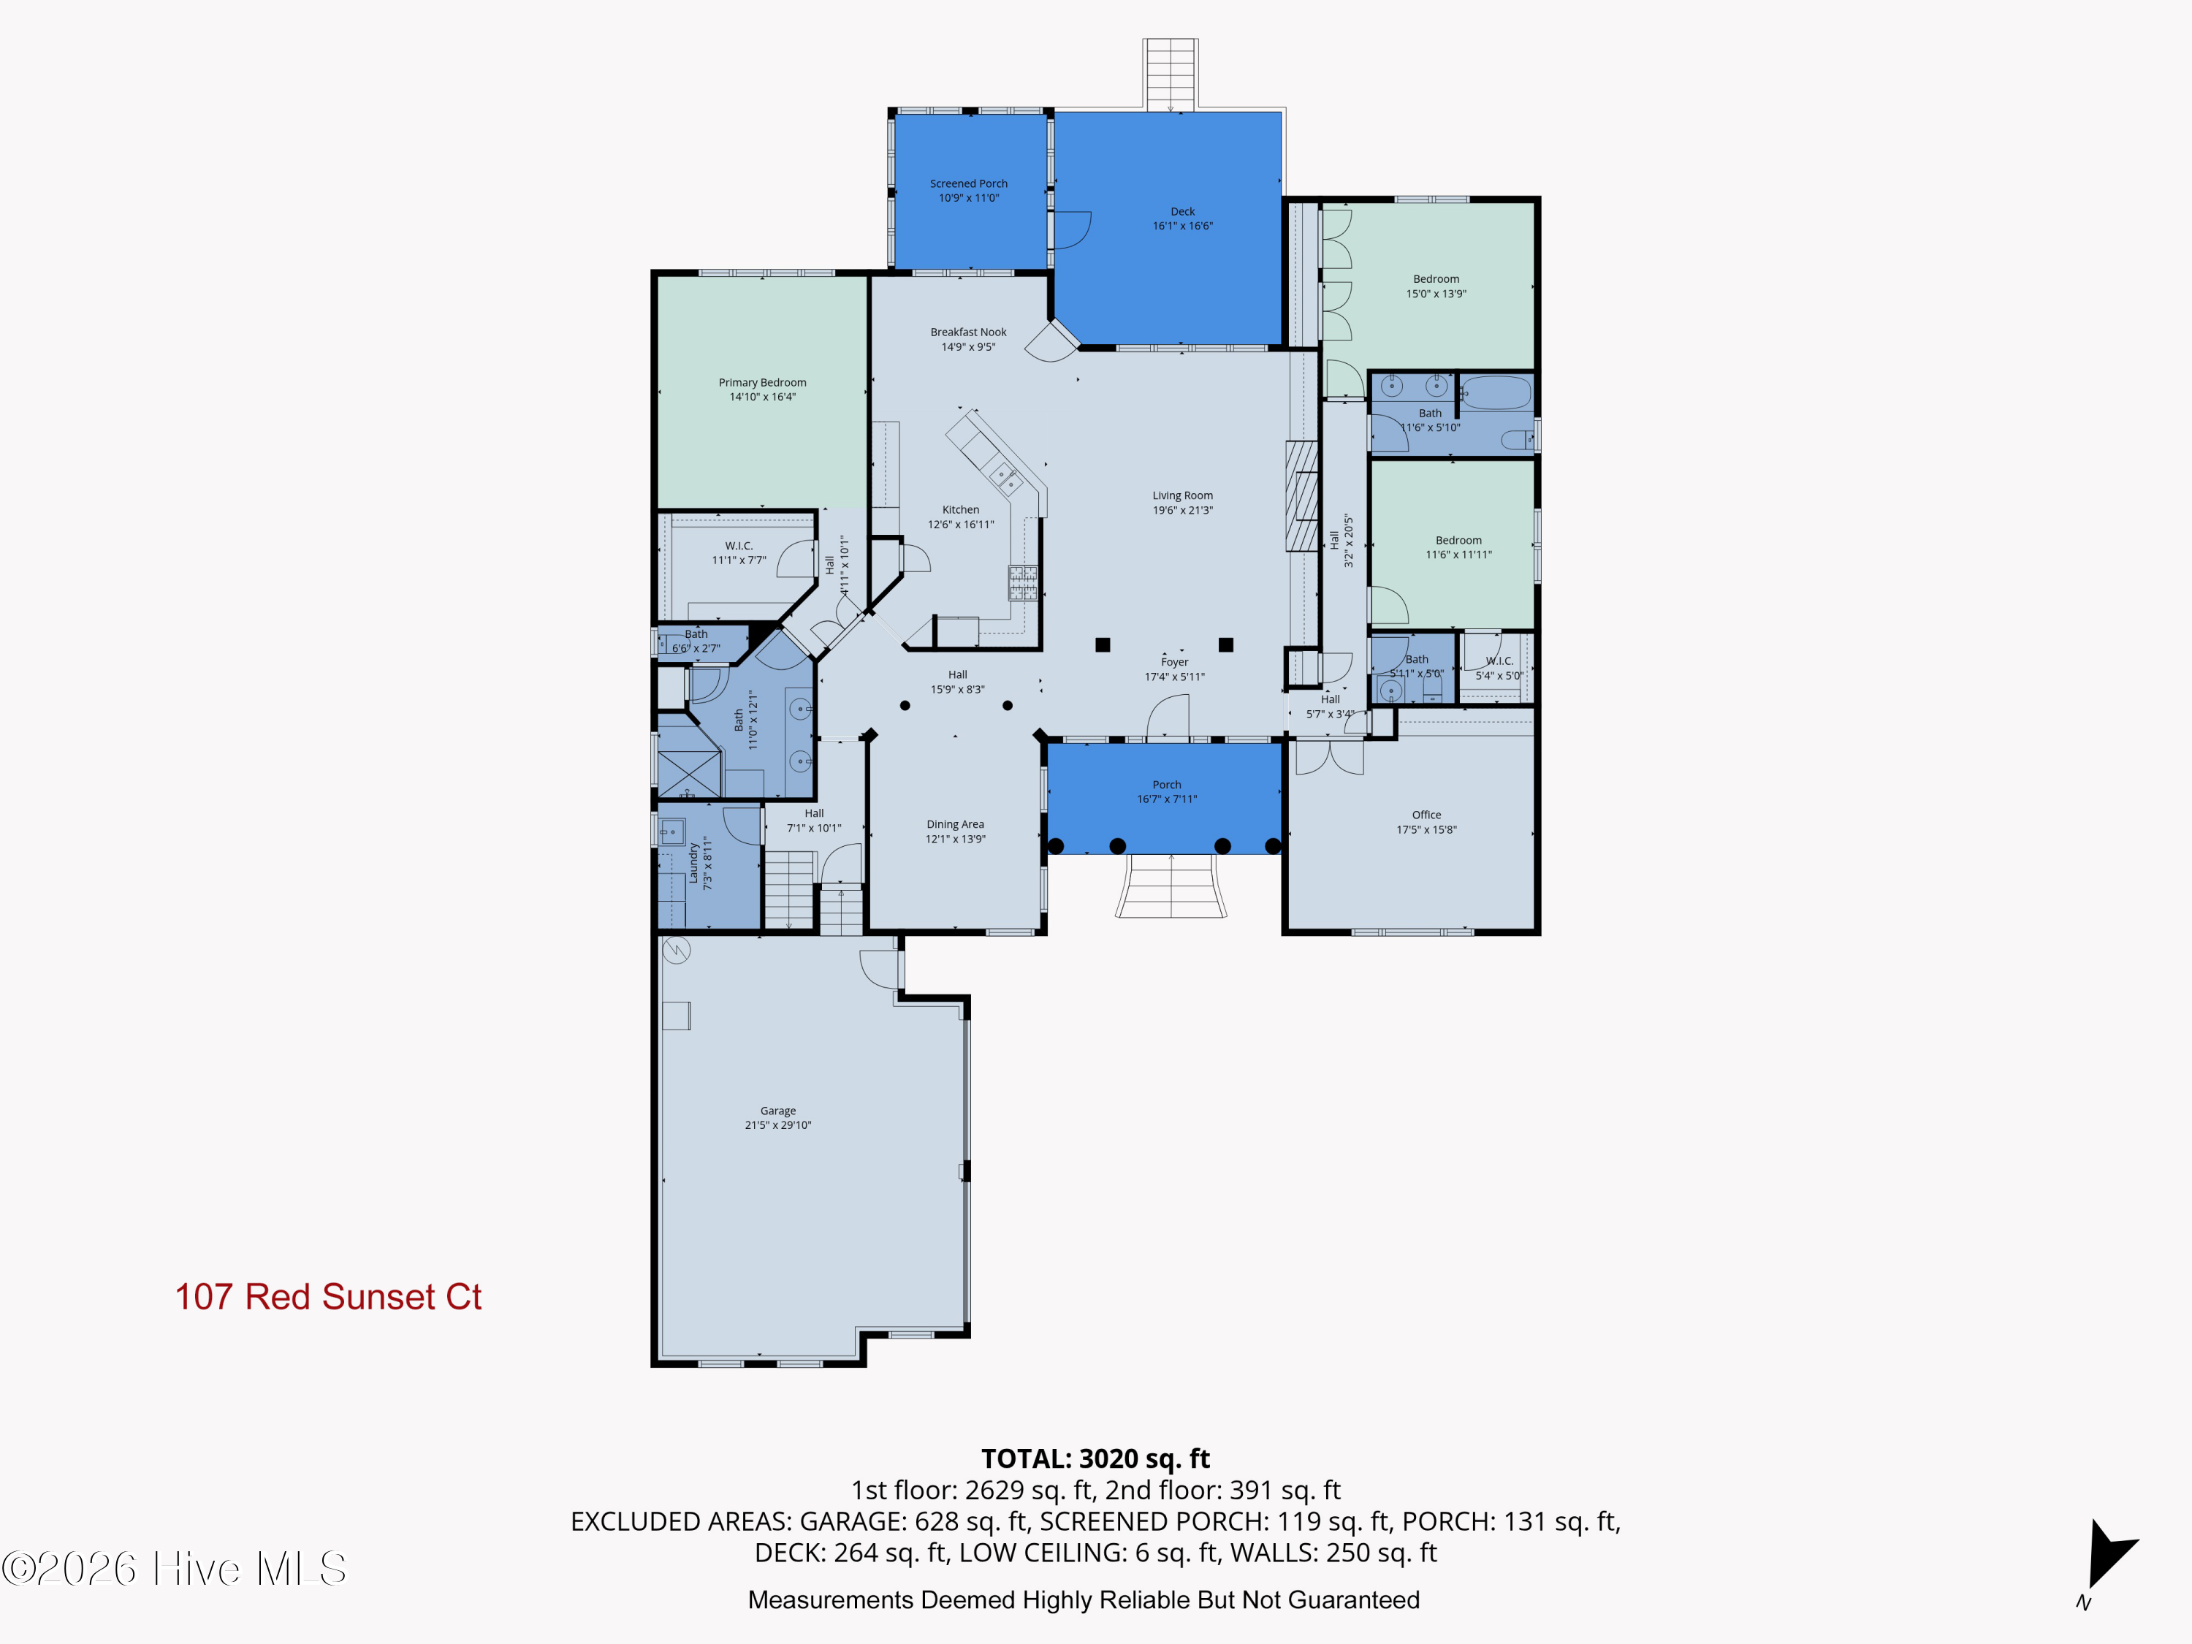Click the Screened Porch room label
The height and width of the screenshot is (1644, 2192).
(968, 183)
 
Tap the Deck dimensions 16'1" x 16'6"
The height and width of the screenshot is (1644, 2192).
(1182, 226)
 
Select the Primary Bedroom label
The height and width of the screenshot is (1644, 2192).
(762, 383)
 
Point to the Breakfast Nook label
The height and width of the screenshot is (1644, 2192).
(968, 332)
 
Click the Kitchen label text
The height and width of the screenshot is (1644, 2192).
(960, 509)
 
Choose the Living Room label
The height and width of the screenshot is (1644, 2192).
(1182, 495)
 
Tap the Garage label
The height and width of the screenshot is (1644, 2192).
(778, 1111)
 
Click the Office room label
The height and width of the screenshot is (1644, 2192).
(1426, 815)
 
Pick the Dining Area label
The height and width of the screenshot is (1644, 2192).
(955, 823)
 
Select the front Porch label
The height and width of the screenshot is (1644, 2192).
(1166, 785)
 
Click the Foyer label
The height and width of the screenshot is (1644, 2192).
(1174, 662)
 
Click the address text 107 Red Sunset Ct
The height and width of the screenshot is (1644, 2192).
(328, 1296)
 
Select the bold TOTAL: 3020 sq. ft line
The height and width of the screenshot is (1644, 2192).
(1095, 1458)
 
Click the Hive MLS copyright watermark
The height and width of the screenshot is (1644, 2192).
(175, 1568)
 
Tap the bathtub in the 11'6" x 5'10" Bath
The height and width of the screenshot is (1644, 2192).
(1496, 392)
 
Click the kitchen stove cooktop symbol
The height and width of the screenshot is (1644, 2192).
(1023, 582)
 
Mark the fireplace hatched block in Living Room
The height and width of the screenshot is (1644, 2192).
(1301, 496)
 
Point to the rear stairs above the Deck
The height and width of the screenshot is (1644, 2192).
(1171, 75)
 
